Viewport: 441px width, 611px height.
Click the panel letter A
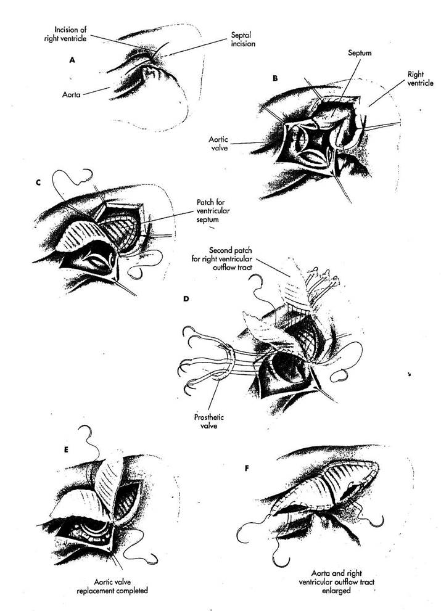point(72,60)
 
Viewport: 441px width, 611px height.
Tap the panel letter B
point(275,78)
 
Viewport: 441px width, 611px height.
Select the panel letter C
point(38,182)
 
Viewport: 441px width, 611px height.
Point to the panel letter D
point(186,299)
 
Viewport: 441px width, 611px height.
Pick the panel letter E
point(66,449)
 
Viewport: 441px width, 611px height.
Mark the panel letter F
point(246,468)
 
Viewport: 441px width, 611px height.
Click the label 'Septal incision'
point(243,39)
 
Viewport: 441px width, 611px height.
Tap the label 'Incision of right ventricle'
point(65,34)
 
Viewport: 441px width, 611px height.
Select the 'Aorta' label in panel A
point(72,94)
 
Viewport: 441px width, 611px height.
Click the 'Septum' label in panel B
point(360,52)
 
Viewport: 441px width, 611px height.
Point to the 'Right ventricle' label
point(420,78)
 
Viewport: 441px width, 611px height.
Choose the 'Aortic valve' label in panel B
point(218,144)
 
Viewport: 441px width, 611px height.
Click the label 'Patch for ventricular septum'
point(213,211)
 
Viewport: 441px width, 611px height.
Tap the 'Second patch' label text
point(231,250)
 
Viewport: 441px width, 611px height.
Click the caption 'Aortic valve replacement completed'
point(112,586)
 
